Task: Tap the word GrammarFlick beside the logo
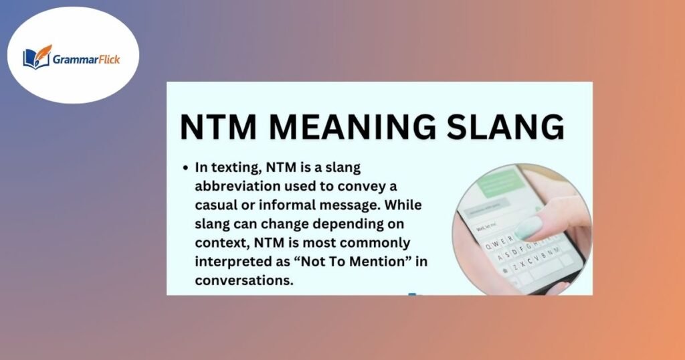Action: tap(86, 58)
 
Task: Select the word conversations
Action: tap(244, 280)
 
